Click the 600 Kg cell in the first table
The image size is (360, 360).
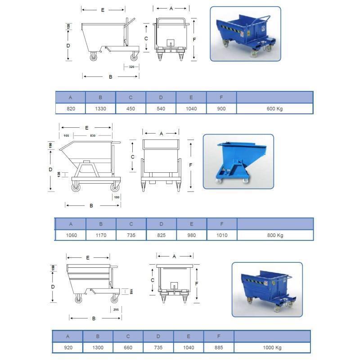click(x=274, y=108)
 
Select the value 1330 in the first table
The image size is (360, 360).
click(x=100, y=108)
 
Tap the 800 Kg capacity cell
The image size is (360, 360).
click(x=275, y=235)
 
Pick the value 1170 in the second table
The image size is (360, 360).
click(x=101, y=235)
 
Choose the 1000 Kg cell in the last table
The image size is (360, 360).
click(x=272, y=347)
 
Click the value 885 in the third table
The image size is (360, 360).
click(x=219, y=347)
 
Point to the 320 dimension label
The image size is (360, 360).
click(x=131, y=67)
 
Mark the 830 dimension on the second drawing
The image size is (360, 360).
click(x=93, y=136)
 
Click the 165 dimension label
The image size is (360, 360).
click(x=66, y=136)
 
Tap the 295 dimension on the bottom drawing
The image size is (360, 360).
click(x=116, y=310)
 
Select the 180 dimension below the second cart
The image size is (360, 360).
click(x=117, y=197)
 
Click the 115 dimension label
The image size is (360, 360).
click(x=131, y=292)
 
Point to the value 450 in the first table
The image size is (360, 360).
click(x=130, y=108)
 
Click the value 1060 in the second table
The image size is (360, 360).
click(x=72, y=235)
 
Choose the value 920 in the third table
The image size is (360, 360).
click(x=68, y=347)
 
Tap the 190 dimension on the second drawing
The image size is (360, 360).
click(x=50, y=145)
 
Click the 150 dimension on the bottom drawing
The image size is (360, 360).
click(x=53, y=268)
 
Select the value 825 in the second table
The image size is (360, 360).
click(x=162, y=235)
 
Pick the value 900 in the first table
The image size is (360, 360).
click(x=221, y=108)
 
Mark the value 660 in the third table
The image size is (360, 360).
click(x=128, y=347)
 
